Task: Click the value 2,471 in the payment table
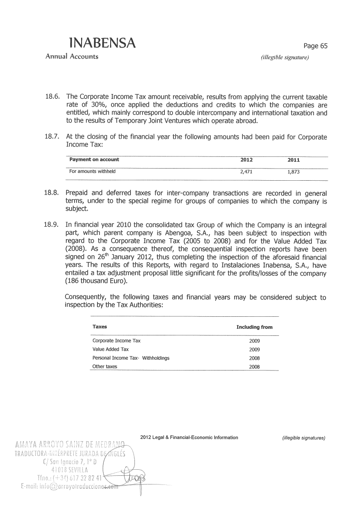point(246,172)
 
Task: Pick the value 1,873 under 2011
point(294,172)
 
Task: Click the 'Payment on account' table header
point(94,160)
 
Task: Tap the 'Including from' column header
point(254,327)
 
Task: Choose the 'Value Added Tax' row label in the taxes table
point(111,349)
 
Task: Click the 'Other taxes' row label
point(105,367)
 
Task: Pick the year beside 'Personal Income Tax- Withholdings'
point(254,358)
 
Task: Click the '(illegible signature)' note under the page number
point(285,57)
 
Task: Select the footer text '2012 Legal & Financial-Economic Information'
point(190,437)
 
